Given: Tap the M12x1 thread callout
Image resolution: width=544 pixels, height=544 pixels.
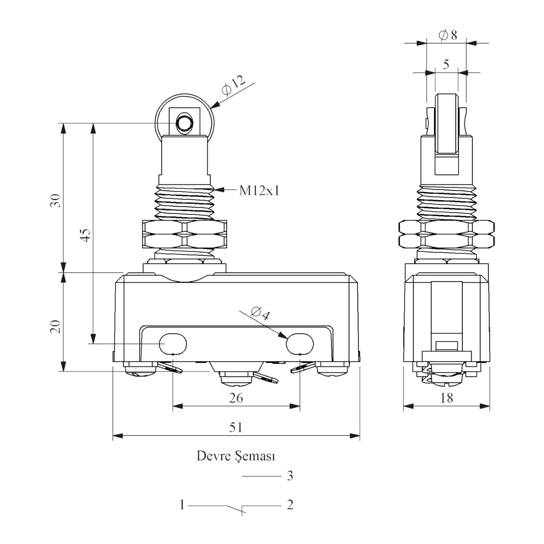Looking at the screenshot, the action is coord(259,190).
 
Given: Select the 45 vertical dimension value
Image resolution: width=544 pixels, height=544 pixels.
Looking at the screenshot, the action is coord(85,235).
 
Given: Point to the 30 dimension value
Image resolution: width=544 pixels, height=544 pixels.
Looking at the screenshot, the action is coord(55,201).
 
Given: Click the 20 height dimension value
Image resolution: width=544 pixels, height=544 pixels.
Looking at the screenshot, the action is coord(55,326).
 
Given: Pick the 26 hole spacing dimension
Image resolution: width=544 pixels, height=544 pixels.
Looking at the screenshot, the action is coord(236,398).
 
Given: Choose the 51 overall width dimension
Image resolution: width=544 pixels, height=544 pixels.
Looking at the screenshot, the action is coord(236,427).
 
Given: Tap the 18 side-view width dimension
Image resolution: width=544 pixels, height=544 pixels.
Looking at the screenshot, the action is coord(446,398).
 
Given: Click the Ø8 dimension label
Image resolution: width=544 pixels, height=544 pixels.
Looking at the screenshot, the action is coord(448,35).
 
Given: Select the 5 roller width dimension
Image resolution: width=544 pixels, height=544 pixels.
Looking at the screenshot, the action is coord(446,65).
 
